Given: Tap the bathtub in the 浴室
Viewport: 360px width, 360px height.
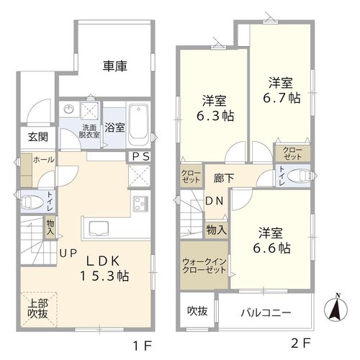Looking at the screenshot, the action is pyautogui.click(x=138, y=125).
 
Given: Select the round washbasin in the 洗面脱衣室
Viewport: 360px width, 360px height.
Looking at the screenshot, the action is pyautogui.click(x=68, y=109).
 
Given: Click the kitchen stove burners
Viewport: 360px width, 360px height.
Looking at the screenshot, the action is pyautogui.click(x=140, y=204).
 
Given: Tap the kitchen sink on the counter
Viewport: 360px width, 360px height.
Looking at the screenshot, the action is pyautogui.click(x=99, y=228).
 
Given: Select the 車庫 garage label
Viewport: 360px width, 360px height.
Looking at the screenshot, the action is pyautogui.click(x=115, y=66).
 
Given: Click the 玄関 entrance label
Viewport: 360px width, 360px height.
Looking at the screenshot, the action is pyautogui.click(x=38, y=137).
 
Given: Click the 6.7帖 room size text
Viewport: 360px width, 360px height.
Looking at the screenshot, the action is pyautogui.click(x=282, y=98).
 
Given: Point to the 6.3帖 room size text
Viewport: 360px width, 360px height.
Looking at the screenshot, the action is pyautogui.click(x=215, y=116).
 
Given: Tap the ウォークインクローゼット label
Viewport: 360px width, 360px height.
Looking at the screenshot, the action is pyautogui.click(x=204, y=266).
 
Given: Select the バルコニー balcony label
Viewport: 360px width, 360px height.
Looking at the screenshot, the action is pyautogui.click(x=266, y=312).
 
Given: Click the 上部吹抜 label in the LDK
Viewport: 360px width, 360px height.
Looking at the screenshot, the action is pyautogui.click(x=38, y=309).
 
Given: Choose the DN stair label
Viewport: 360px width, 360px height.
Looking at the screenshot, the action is pyautogui.click(x=215, y=201).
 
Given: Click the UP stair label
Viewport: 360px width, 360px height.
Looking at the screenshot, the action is pyautogui.click(x=68, y=253).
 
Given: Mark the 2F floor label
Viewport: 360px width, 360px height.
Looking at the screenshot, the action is pyautogui.click(x=301, y=343).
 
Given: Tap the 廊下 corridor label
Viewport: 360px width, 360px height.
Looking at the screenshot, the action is pyautogui.click(x=224, y=178).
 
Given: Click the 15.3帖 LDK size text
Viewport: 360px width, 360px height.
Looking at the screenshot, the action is pyautogui.click(x=104, y=276).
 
